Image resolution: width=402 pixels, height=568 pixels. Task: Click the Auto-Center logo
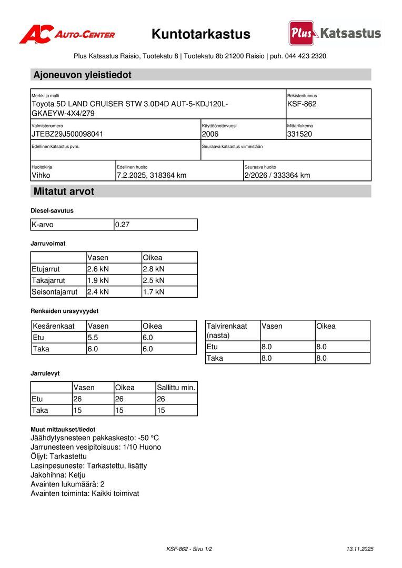tap(67, 35)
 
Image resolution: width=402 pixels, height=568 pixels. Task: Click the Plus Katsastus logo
tap(335, 33)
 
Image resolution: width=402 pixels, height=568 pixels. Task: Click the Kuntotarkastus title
tap(201, 35)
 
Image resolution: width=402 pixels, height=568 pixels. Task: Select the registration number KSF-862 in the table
tap(302, 104)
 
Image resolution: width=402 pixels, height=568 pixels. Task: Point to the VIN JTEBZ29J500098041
tap(67, 134)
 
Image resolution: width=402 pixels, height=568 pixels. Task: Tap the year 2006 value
tap(210, 134)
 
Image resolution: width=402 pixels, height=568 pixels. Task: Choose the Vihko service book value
tap(41, 175)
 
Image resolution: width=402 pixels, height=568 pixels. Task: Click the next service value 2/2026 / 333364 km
tap(277, 175)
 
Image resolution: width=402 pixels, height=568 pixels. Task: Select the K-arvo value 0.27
tap(123, 225)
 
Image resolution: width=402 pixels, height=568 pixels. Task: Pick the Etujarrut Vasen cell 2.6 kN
tap(98, 269)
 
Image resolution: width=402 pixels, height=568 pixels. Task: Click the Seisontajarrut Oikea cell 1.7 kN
tap(154, 292)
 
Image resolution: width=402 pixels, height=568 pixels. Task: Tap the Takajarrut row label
tap(48, 280)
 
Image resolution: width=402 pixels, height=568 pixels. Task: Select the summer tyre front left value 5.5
tap(93, 338)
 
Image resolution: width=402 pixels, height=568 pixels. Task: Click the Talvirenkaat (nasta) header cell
tap(227, 330)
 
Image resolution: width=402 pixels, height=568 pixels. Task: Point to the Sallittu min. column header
tap(176, 388)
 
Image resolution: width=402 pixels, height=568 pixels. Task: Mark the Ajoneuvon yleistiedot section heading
tap(83, 75)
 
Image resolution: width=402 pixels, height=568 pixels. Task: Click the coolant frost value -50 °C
tap(148, 438)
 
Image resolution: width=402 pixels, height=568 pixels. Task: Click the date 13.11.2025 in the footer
tap(360, 549)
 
